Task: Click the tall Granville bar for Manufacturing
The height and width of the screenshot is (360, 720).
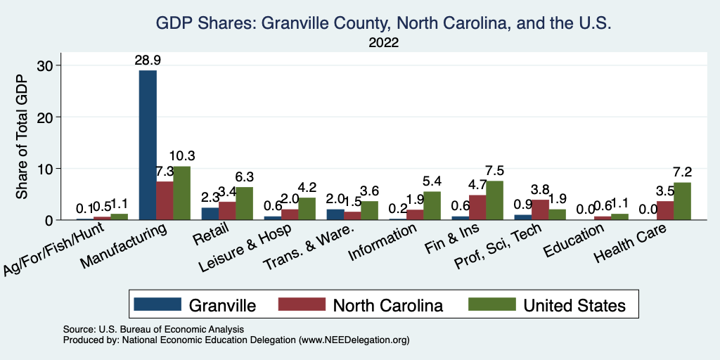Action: click(148, 145)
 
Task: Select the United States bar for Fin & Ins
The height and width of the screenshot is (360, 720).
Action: click(496, 200)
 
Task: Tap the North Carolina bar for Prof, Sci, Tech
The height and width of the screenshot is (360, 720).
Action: click(540, 210)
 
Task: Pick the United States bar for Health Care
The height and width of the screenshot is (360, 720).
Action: click(682, 201)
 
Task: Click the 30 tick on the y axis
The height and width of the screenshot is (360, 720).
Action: click(44, 65)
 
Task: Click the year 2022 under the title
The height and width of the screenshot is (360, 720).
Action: click(383, 42)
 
